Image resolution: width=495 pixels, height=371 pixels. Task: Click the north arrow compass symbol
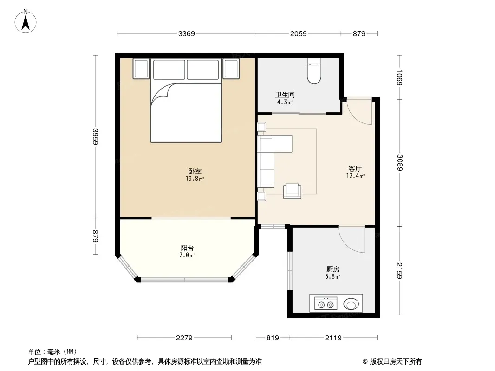[26, 21]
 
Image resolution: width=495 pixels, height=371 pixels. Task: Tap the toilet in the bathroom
[314, 71]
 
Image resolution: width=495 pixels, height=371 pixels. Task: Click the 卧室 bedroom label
[195, 171]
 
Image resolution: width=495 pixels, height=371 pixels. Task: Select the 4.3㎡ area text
[285, 102]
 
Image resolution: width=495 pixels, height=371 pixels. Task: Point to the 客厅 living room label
[355, 168]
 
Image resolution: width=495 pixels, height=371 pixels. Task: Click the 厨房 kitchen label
[333, 269]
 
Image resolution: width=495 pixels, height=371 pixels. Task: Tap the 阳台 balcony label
[187, 248]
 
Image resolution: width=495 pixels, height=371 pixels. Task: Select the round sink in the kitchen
[351, 304]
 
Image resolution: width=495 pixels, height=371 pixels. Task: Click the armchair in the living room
[292, 191]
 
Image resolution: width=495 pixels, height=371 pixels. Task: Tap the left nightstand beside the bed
[141, 68]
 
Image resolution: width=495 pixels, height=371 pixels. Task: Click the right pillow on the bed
[202, 70]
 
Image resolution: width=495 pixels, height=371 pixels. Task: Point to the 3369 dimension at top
[187, 33]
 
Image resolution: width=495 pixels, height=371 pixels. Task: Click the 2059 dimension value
[298, 33]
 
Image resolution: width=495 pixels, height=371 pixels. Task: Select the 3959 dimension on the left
[95, 137]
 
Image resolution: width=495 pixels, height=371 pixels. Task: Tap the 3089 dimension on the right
[400, 162]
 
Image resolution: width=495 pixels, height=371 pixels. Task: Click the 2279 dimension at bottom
[184, 338]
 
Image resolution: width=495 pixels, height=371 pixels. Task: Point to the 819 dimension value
[273, 338]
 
